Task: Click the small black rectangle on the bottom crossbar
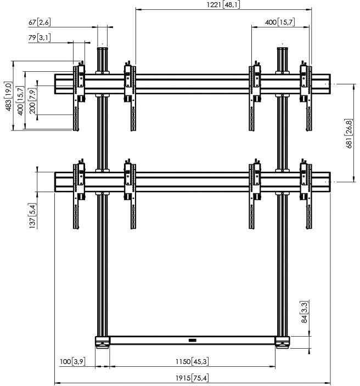click(x=192, y=340)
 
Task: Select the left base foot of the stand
click(x=103, y=344)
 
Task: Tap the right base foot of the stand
click(x=283, y=344)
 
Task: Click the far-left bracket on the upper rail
click(x=78, y=96)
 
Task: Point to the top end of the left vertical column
click(x=103, y=50)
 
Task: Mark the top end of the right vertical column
click(x=283, y=50)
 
